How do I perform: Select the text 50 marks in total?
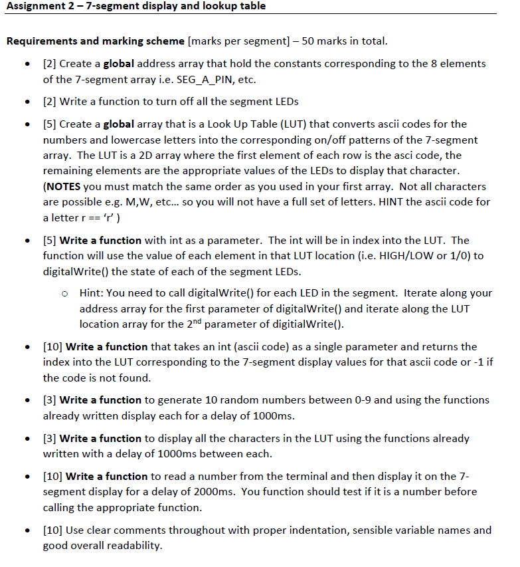344,41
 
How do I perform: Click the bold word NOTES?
65,187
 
